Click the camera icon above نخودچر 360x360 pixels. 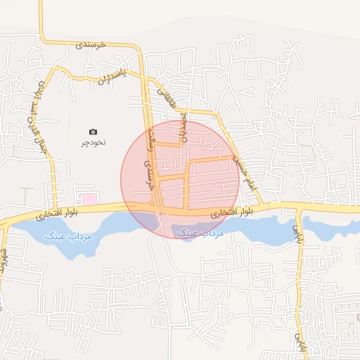pyautogui.click(x=94, y=131)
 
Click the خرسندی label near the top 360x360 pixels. pyautogui.click(x=91, y=44)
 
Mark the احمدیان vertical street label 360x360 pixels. pyautogui.click(x=184, y=128)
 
